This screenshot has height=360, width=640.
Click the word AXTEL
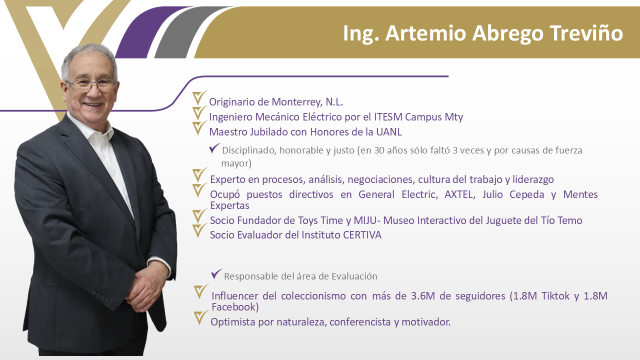(459, 194)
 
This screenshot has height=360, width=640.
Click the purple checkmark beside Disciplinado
(214, 148)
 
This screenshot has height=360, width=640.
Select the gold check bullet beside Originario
(199, 97)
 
